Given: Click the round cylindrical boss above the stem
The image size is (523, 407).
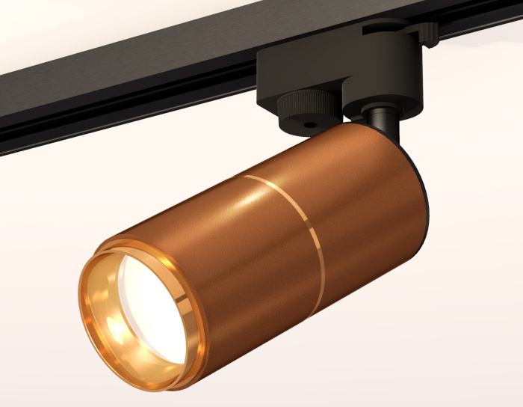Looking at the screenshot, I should (x=381, y=90).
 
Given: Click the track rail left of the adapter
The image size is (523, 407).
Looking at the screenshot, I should (x=112, y=90).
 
